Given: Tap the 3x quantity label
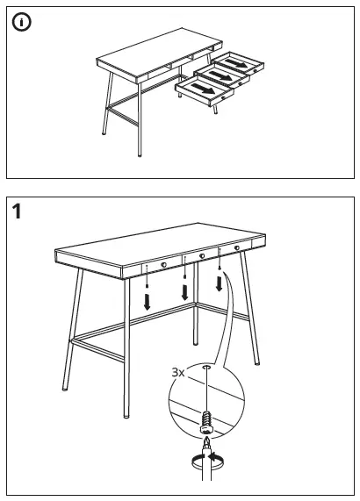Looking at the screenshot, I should click(x=179, y=372).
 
